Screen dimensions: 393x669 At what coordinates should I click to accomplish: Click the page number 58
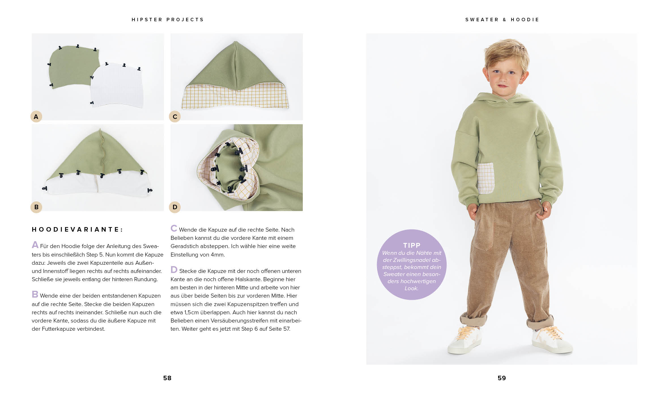pyautogui.click(x=167, y=378)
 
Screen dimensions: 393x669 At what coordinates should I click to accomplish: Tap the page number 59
pyautogui.click(x=502, y=378)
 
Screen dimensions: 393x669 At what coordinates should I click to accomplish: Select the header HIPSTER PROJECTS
pyautogui.click(x=168, y=20)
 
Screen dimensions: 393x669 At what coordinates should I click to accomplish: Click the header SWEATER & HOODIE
pyautogui.click(x=502, y=20)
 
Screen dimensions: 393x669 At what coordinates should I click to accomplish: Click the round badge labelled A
pyautogui.click(x=36, y=116)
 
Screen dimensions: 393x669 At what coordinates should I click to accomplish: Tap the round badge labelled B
pyautogui.click(x=36, y=207)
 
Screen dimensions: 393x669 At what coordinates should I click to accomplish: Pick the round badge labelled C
pyautogui.click(x=175, y=116)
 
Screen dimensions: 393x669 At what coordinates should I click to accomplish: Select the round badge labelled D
pyautogui.click(x=175, y=207)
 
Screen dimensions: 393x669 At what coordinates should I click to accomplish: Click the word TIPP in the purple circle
pyautogui.click(x=412, y=245)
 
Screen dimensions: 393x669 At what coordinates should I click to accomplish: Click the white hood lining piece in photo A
pyautogui.click(x=118, y=86)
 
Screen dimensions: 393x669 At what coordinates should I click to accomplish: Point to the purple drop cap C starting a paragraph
pyautogui.click(x=174, y=228)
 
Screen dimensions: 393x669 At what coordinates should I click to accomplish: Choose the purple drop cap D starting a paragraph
pyautogui.click(x=174, y=270)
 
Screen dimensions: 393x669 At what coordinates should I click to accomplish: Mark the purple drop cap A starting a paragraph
pyautogui.click(x=35, y=245)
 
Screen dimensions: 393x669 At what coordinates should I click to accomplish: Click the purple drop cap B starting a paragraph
pyautogui.click(x=35, y=294)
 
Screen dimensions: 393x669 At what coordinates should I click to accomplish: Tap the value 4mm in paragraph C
pyautogui.click(x=217, y=255)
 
